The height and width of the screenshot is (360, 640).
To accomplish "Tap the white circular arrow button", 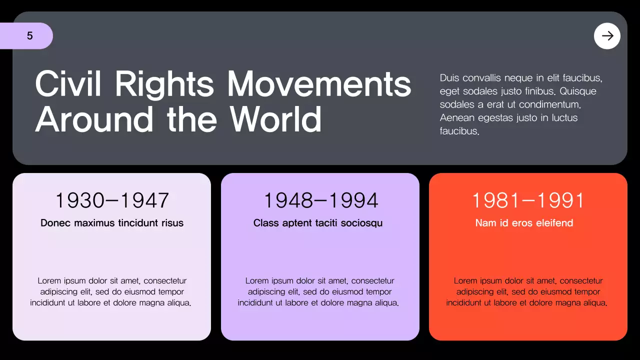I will tap(607, 36).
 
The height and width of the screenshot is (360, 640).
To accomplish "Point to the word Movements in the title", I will tap(319, 83).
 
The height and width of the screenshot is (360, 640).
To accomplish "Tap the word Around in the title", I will tap(94, 119).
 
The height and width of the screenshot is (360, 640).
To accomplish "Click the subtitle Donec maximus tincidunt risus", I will tap(112, 223).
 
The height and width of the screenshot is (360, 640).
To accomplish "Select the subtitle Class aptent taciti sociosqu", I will tap(318, 223).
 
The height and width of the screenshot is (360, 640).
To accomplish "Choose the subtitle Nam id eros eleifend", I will tap(524, 223).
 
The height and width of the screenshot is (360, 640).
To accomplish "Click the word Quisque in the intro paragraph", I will tap(578, 91).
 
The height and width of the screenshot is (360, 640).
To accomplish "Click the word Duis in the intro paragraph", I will tap(449, 78).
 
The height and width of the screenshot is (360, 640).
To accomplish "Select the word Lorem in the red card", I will tap(465, 281).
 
